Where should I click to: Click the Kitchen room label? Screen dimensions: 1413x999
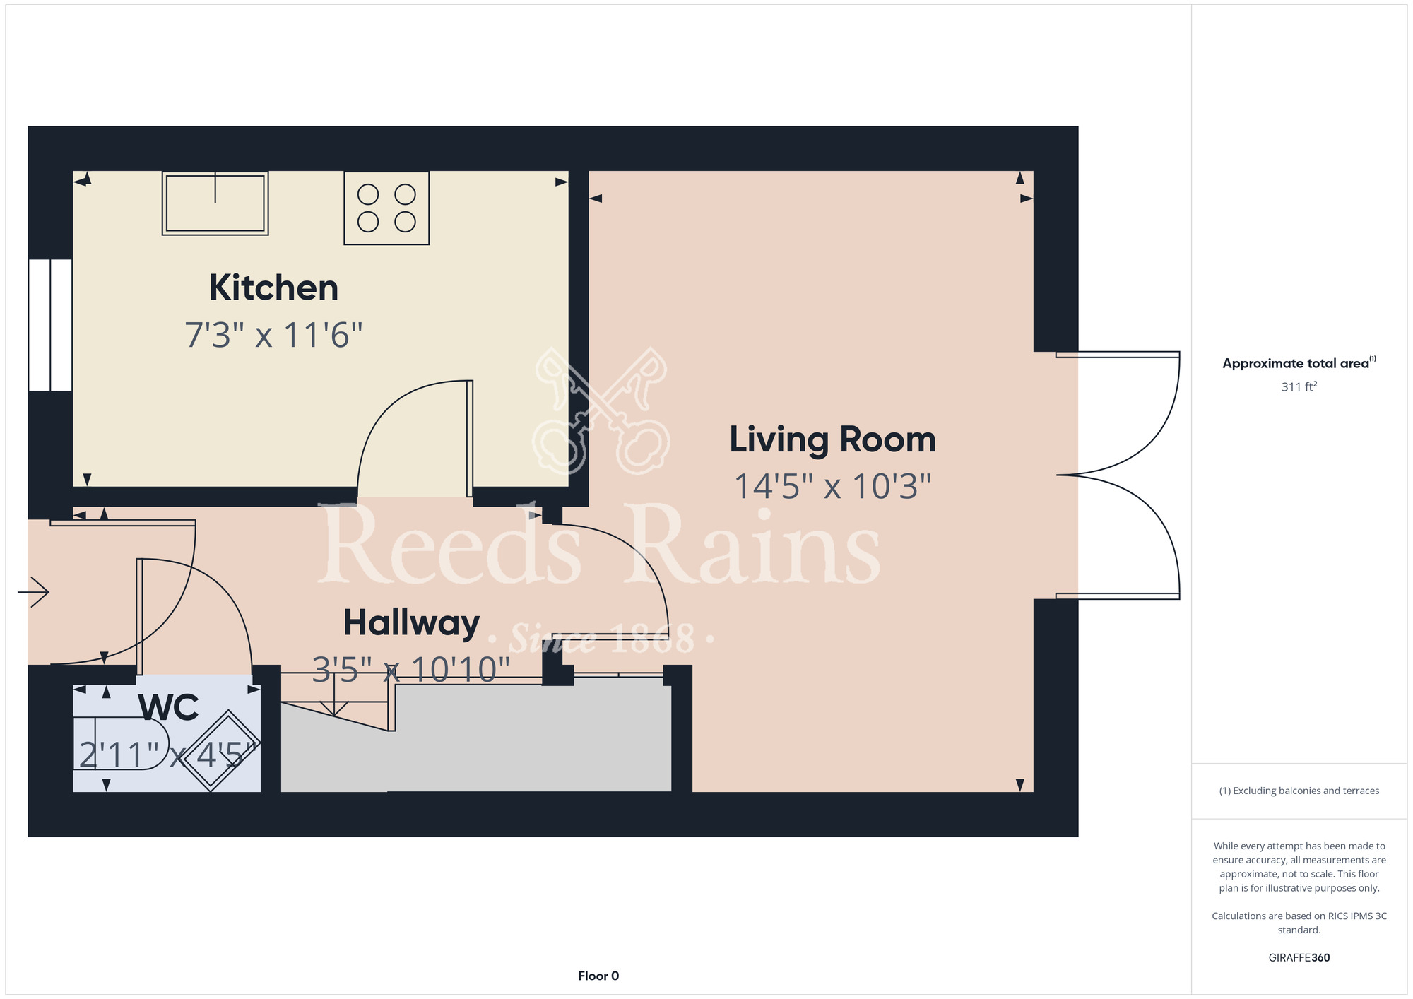pos(273,288)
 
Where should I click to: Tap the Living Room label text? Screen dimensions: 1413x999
pos(832,439)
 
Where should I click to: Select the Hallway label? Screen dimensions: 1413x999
pos(411,623)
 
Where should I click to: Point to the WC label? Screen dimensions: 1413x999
pos(168,707)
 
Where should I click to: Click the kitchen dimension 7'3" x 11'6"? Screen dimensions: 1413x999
pos(273,335)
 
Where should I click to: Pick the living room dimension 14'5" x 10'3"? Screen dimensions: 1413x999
pos(832,487)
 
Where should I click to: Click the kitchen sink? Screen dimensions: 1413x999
pos(215,203)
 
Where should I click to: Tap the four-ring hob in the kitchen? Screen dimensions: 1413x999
pos(386,208)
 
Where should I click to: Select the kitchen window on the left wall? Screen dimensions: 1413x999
pos(50,325)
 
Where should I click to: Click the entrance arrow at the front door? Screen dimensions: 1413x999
pos(33,591)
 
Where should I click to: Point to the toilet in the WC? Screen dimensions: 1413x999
pos(121,743)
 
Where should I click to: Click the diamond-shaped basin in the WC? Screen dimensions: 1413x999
pos(221,750)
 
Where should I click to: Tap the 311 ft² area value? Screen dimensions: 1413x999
pos(1299,386)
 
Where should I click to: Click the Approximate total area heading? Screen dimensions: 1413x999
pos(1299,363)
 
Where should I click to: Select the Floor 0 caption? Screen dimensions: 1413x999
pos(598,976)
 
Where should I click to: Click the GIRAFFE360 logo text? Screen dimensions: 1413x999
pos(1299,958)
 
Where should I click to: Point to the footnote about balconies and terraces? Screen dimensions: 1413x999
pos(1299,791)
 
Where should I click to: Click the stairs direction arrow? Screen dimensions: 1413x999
pos(334,695)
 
